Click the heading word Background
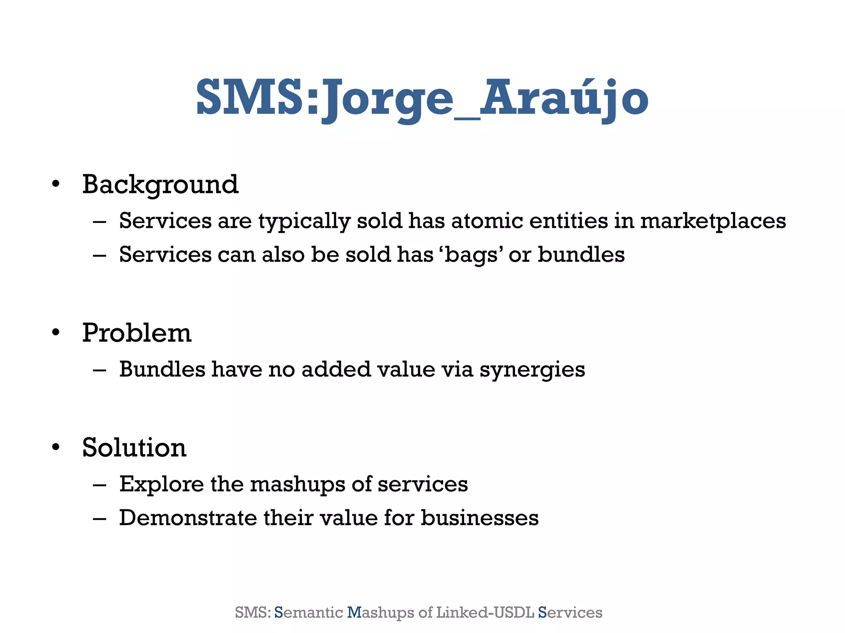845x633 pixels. click(160, 185)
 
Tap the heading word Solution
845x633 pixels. click(134, 448)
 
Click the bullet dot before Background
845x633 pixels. click(56, 184)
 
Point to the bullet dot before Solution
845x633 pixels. click(56, 448)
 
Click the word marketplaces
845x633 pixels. click(713, 221)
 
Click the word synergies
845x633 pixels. click(532, 370)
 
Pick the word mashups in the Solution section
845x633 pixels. click(297, 484)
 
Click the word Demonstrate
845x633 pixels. click(188, 518)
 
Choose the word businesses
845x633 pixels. click(479, 518)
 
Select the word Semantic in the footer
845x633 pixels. click(309, 612)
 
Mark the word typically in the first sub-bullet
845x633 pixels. click(304, 222)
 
